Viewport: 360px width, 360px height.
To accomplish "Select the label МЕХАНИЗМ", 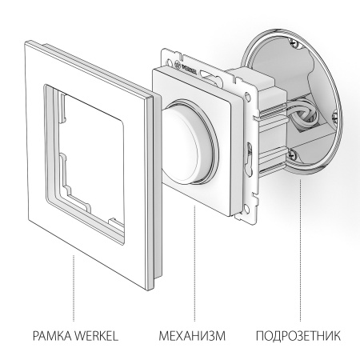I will pyautogui.click(x=190, y=330).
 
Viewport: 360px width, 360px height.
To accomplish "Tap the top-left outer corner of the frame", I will pyautogui.click(x=27, y=35).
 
